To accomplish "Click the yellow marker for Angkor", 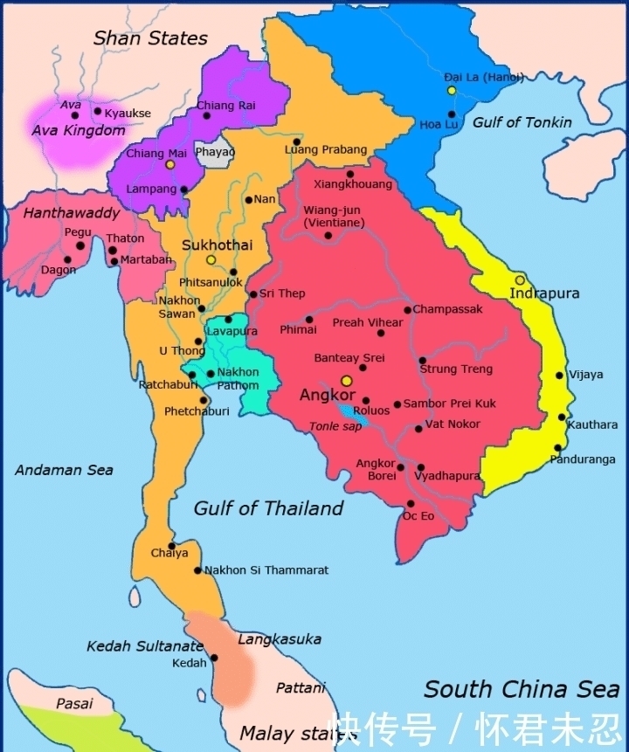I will [x=346, y=381].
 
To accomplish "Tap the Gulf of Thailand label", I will [x=268, y=508].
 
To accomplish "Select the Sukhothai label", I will [x=211, y=245].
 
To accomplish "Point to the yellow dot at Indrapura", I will [x=520, y=280].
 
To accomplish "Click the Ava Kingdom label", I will [x=79, y=130].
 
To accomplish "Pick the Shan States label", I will [x=150, y=38].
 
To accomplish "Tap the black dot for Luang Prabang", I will [x=297, y=141].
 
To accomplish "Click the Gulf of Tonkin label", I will [x=522, y=122].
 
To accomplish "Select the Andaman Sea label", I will [x=64, y=470].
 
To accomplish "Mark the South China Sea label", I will [x=522, y=688].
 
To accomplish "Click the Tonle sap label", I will [x=334, y=426].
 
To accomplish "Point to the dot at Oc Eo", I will [x=411, y=504].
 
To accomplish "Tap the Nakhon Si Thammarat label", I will [x=266, y=569].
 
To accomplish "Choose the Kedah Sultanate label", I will [x=144, y=646].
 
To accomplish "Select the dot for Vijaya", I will [x=560, y=376].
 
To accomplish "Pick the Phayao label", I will [x=215, y=151].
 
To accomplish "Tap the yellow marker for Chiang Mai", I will [x=170, y=164].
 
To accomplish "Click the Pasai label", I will [x=74, y=703].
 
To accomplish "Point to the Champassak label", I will [x=447, y=309].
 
